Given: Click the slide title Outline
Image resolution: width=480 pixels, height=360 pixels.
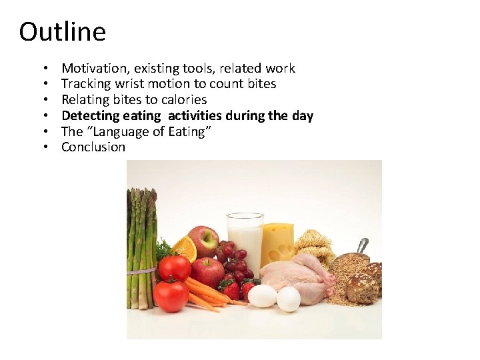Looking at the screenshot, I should [62, 31].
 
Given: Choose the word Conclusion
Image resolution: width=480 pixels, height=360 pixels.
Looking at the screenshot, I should [93, 147].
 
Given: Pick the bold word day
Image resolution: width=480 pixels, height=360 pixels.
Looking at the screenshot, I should [302, 116].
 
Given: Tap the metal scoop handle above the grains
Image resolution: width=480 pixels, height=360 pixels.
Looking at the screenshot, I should [362, 245].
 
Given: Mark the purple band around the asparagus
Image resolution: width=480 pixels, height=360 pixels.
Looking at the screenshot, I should [141, 271].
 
